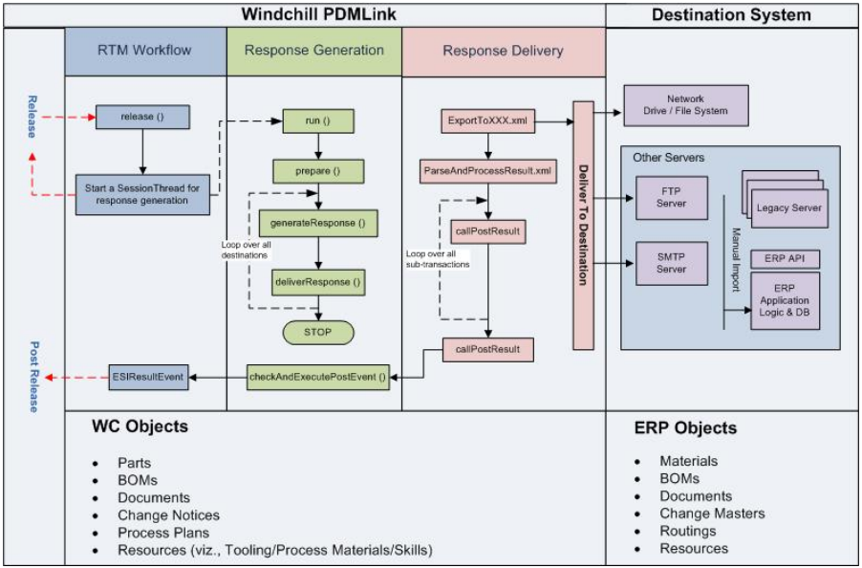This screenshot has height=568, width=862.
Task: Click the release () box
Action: click(142, 118)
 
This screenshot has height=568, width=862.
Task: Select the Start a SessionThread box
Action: click(141, 194)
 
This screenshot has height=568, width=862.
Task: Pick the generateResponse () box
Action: click(317, 223)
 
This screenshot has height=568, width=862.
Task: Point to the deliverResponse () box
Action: click(317, 283)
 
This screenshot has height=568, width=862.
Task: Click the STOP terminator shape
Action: click(317, 332)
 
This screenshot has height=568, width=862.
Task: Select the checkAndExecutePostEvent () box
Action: click(318, 378)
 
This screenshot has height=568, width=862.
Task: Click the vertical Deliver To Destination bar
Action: click(583, 225)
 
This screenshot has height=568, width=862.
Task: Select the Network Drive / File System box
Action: click(685, 105)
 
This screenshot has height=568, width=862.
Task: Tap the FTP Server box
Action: click(671, 198)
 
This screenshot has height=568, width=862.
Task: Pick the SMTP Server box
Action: click(671, 263)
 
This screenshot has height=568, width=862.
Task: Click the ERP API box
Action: click(785, 259)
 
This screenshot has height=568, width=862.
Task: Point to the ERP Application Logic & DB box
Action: click(785, 301)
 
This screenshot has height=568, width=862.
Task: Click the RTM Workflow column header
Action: click(145, 51)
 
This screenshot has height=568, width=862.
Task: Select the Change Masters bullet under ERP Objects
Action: click(712, 513)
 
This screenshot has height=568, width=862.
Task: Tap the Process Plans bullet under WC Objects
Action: click(163, 533)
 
